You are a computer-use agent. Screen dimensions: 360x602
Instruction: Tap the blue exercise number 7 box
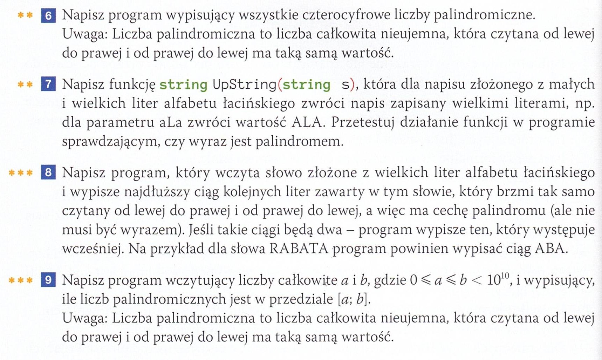click(48, 84)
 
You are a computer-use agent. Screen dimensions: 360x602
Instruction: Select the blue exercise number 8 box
click(48, 172)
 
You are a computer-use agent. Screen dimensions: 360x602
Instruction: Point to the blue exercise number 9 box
click(48, 280)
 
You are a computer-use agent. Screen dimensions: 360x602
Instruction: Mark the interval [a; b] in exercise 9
click(354, 299)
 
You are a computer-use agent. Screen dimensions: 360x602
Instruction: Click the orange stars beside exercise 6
click(25, 15)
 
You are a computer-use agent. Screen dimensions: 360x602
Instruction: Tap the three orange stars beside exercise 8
click(21, 173)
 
